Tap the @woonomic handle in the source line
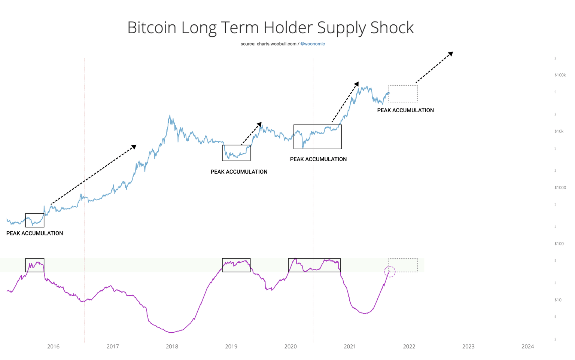(x=313, y=44)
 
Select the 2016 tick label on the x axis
(x=53, y=347)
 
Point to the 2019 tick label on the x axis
(x=231, y=347)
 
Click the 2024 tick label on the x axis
(x=527, y=347)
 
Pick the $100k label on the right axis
(x=560, y=75)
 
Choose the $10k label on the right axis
(x=559, y=131)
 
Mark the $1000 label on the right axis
(x=560, y=187)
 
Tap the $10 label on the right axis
(x=558, y=300)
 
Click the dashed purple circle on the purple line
(x=390, y=272)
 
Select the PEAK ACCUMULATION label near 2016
(x=34, y=233)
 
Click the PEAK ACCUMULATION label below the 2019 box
(x=239, y=172)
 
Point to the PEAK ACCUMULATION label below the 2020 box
(x=318, y=159)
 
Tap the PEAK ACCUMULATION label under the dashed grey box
(x=405, y=110)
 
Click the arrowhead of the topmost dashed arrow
(x=451, y=54)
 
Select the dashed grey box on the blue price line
(x=403, y=94)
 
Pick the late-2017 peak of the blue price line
(x=170, y=116)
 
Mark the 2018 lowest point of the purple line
(x=171, y=332)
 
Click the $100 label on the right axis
(x=559, y=244)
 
